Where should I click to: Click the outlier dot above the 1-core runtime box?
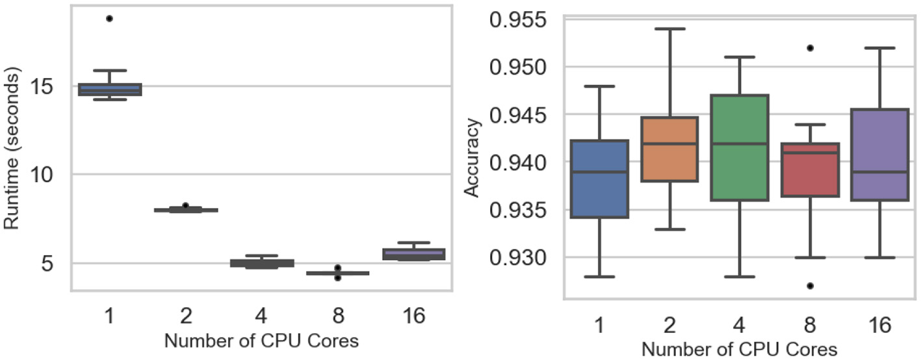click(109, 18)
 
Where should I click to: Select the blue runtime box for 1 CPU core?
click(109, 89)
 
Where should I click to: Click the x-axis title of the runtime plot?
click(261, 341)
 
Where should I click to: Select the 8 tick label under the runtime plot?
click(337, 316)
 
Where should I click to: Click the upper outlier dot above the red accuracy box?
click(811, 47)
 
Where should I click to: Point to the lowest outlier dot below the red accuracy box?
click(811, 285)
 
